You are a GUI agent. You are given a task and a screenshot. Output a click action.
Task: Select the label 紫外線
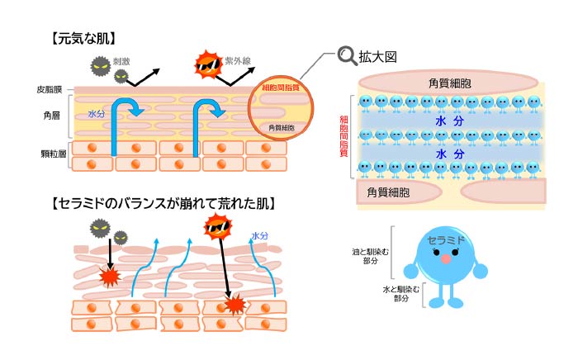(235, 60)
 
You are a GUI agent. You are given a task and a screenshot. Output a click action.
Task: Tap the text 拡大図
(379, 57)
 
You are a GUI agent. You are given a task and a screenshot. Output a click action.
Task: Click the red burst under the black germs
(110, 277)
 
